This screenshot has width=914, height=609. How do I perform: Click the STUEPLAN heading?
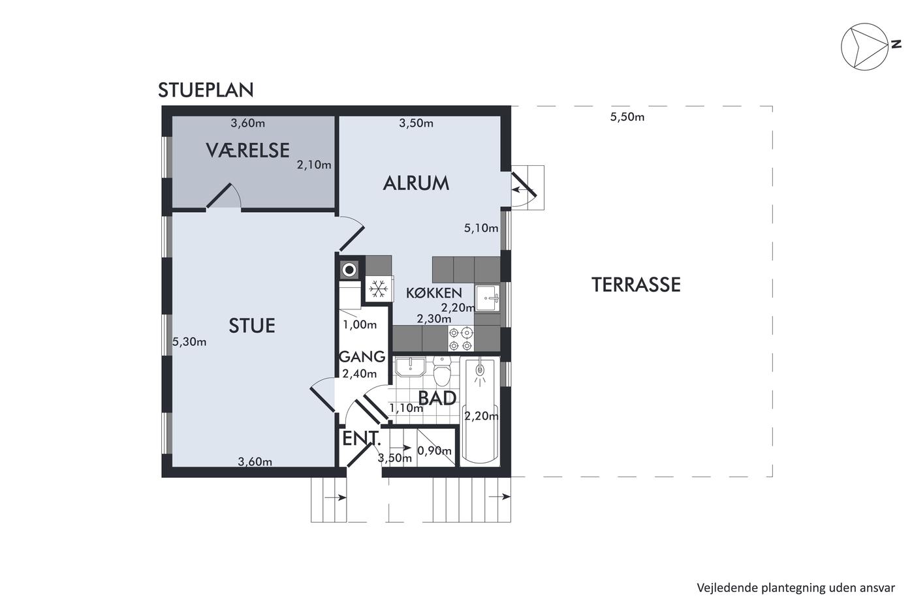(206, 90)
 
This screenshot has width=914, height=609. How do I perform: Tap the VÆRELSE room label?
(247, 150)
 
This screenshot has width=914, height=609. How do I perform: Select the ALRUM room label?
(416, 183)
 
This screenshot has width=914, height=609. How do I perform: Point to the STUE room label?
(252, 326)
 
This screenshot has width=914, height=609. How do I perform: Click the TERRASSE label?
(636, 285)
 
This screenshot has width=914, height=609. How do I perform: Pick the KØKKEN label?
(434, 293)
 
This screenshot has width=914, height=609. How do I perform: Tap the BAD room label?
(437, 398)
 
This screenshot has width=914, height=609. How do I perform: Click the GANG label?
(362, 357)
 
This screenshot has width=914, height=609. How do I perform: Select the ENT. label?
(362, 439)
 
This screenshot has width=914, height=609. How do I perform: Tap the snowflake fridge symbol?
(379, 289)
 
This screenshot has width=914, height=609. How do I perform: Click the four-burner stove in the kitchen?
(461, 339)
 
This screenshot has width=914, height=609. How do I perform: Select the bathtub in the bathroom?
(481, 411)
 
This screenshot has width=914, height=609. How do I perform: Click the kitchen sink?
(488, 298)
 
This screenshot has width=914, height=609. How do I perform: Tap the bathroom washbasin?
(411, 367)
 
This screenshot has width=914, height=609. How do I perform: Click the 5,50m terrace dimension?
(627, 117)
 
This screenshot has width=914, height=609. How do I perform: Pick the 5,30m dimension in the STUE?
(189, 342)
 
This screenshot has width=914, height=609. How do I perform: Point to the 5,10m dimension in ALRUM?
(481, 228)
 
